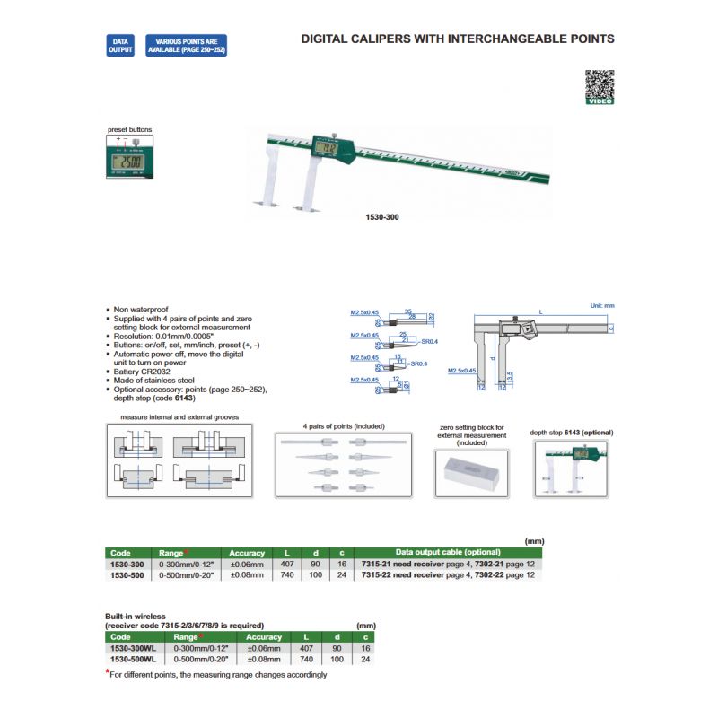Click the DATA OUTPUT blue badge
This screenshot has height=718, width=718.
[x=119, y=46]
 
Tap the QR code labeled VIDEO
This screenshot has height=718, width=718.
[x=600, y=87]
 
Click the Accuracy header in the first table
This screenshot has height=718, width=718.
[x=247, y=553]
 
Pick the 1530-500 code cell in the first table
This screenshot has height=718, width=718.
[x=126, y=574]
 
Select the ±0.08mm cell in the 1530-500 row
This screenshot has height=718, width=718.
[x=247, y=574]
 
